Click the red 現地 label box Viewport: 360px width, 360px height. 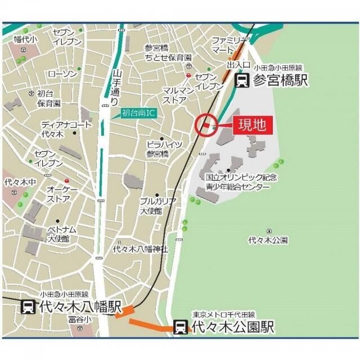[253, 125]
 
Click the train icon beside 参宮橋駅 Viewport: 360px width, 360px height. [242, 80]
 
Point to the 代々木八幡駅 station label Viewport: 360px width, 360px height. [79, 307]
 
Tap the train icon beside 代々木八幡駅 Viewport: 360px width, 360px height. [28, 307]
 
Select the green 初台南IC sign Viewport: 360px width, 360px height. [137, 112]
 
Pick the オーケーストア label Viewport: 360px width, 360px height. [59, 193]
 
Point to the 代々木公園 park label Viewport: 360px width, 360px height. [268, 240]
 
